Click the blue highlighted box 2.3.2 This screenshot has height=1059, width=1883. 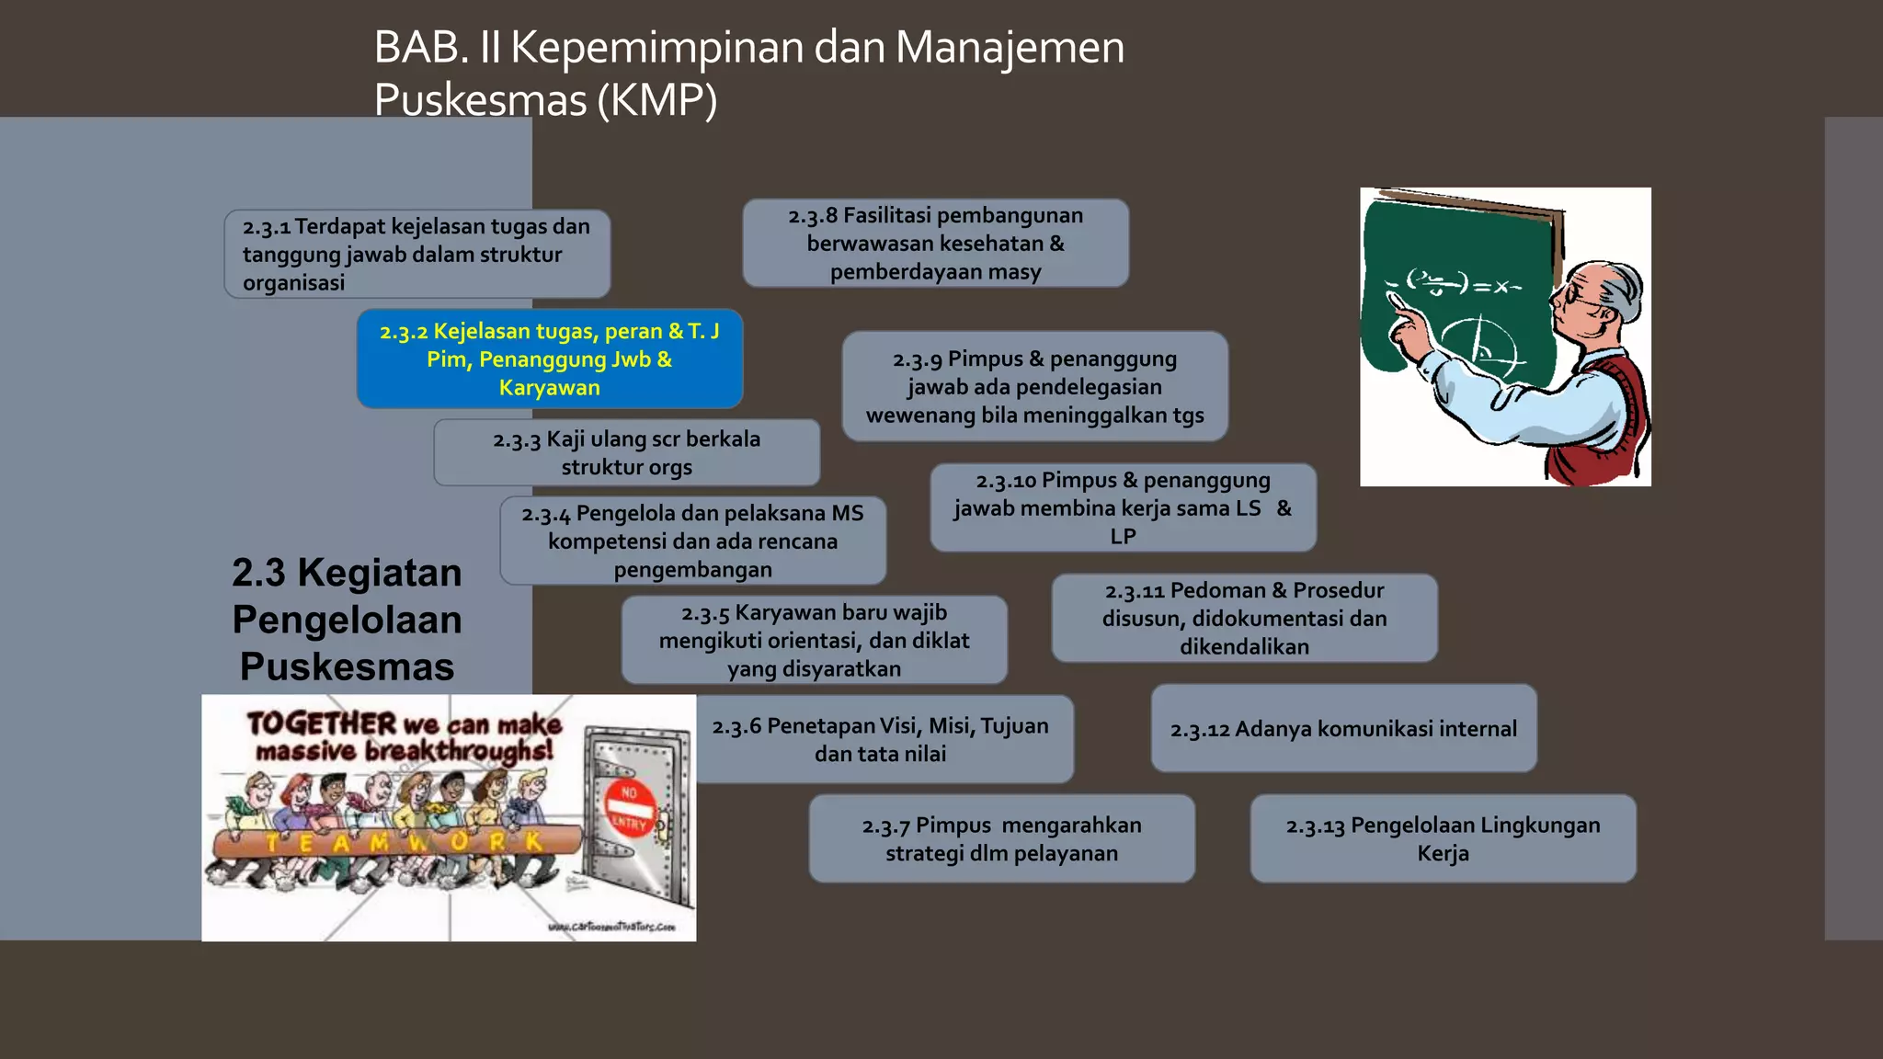[x=549, y=359]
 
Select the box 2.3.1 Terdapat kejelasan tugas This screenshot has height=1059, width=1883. [x=417, y=254]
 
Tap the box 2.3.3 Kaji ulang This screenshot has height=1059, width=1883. [x=626, y=452]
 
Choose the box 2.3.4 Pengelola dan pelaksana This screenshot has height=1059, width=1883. [x=692, y=541]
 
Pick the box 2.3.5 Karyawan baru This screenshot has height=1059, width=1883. [x=814, y=640]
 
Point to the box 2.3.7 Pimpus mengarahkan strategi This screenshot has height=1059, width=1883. [x=1001, y=838]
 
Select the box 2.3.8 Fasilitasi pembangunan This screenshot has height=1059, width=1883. [x=935, y=243]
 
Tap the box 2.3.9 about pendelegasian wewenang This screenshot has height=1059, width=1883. [x=1034, y=386]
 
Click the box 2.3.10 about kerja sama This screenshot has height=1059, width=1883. [x=1123, y=507]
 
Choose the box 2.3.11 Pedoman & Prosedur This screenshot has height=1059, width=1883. [x=1244, y=618]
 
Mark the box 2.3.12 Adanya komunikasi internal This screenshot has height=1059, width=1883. [x=1343, y=728]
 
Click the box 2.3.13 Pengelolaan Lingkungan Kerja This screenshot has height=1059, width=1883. [x=1443, y=838]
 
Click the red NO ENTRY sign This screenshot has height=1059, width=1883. [x=630, y=806]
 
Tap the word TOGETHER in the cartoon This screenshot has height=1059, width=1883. [x=321, y=723]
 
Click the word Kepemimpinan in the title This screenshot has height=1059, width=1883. [x=657, y=48]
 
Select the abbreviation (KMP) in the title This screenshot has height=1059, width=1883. [x=656, y=100]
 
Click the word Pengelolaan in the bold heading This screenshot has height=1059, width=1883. [x=347, y=620]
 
